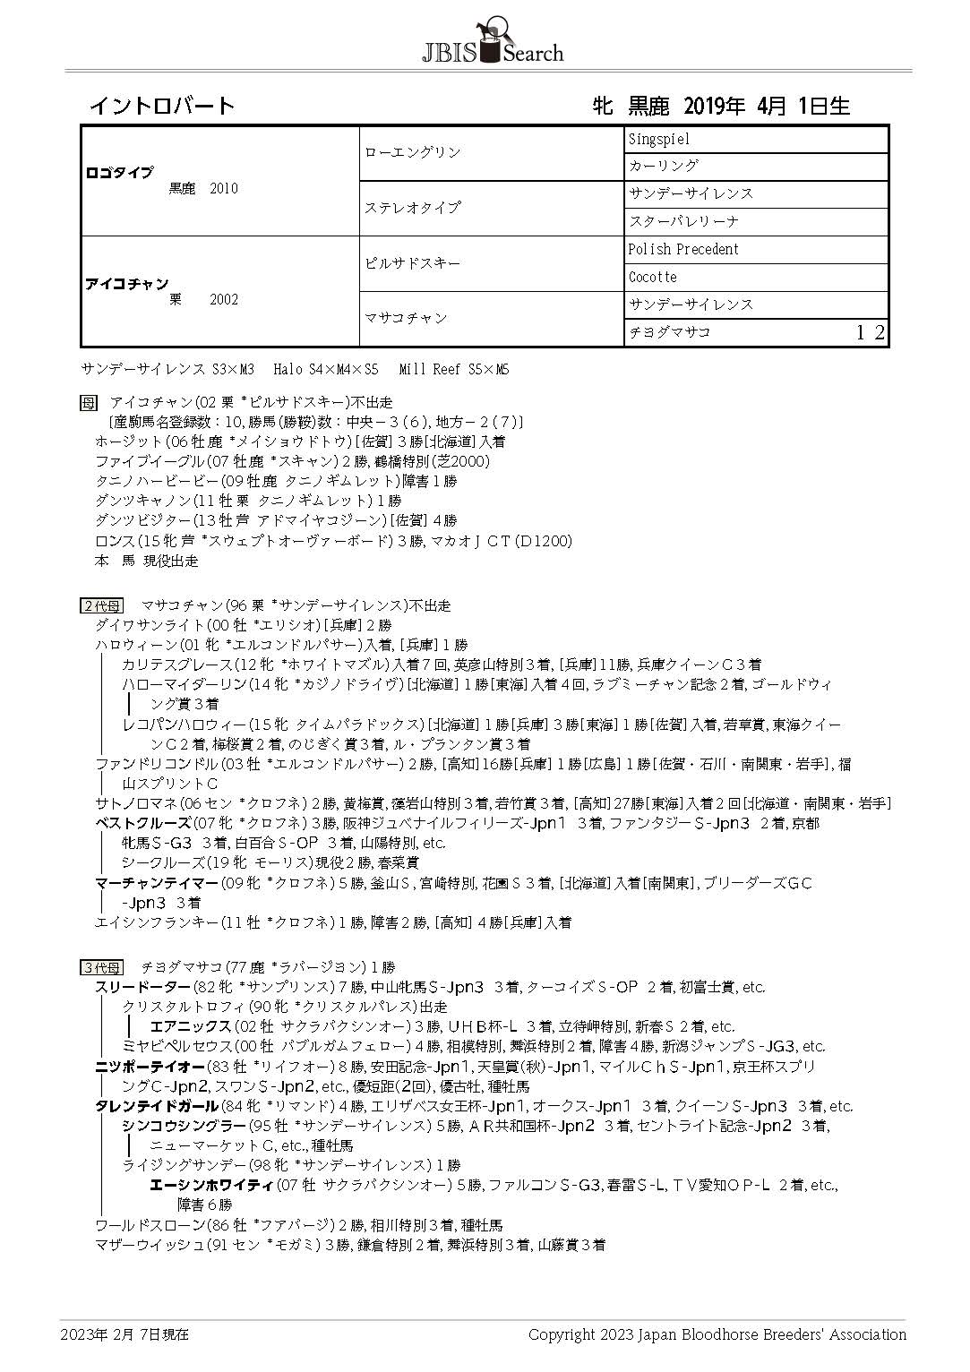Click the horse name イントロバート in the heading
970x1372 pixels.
coord(161,106)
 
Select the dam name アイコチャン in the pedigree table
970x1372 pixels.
coord(126,284)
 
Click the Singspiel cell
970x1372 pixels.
coord(659,140)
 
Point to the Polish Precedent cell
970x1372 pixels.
coord(683,249)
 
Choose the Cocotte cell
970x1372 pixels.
coord(653,277)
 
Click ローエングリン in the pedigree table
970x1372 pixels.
coord(413,152)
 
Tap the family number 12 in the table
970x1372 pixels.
coord(871,333)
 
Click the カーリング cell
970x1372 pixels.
coord(663,166)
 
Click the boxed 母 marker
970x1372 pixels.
coord(88,403)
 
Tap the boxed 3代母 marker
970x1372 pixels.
coord(100,967)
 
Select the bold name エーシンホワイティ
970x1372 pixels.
coord(210,1185)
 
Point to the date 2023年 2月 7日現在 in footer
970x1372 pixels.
coord(124,1333)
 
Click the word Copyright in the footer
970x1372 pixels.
coord(561,1333)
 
